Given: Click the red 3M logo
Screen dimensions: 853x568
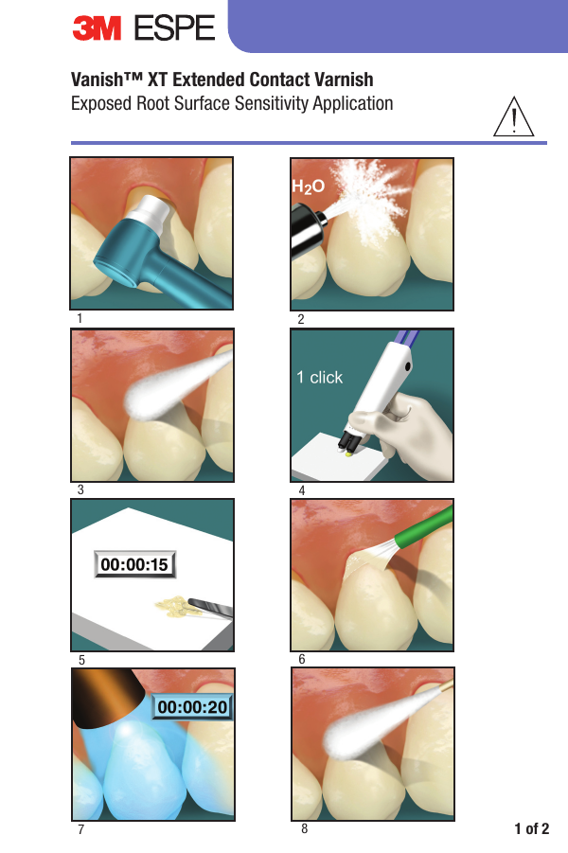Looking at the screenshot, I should (x=98, y=29).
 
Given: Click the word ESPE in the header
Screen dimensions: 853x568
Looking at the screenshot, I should (x=174, y=29).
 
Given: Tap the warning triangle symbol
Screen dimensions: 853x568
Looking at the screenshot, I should (x=512, y=118).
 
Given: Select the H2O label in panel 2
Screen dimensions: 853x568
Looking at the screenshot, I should (x=308, y=187).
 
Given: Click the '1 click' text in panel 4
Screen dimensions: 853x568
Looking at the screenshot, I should (x=319, y=377).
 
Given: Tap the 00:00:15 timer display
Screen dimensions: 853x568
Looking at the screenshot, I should (x=133, y=565).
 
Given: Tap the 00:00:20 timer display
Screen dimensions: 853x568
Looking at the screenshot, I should (x=193, y=706).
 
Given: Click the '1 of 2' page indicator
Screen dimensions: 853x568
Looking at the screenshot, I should (x=531, y=829).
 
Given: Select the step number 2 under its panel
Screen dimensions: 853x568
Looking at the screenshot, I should (x=300, y=319).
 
